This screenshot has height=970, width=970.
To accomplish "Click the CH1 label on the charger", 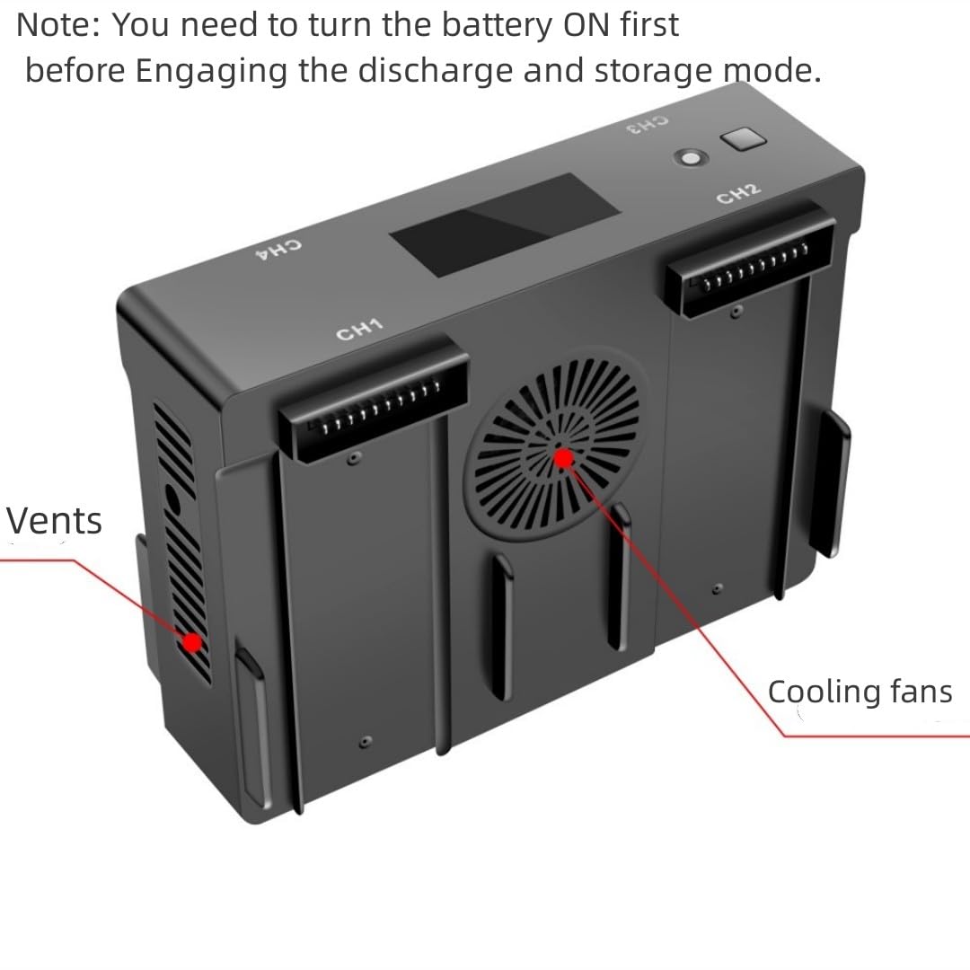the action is tap(359, 330).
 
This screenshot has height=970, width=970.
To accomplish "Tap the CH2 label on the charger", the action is tap(738, 193).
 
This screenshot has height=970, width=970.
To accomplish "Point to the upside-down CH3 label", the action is tap(648, 124).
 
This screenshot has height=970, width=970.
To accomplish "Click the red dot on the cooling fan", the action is tap(563, 459).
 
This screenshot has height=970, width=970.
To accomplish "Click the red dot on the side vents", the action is tap(191, 642).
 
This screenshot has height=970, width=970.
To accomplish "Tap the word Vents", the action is tap(54, 521).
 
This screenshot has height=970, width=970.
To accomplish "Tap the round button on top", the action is tap(691, 157).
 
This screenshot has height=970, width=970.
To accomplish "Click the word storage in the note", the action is tap(651, 70).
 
